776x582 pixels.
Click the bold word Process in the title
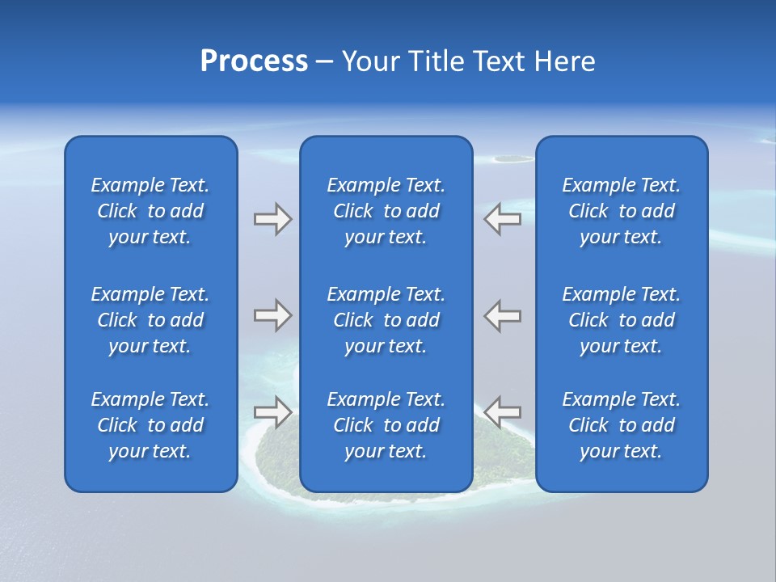tap(254, 61)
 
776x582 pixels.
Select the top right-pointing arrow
tap(272, 219)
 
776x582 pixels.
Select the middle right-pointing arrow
tap(272, 315)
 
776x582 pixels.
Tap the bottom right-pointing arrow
tap(272, 411)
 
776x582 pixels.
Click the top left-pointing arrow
tap(503, 219)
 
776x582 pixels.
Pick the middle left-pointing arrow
tap(503, 315)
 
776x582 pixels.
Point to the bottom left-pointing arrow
tap(503, 411)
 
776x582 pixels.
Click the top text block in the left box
tap(150, 211)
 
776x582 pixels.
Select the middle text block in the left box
tap(150, 320)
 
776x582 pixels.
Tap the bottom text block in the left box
tap(150, 425)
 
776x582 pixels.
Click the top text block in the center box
tap(386, 211)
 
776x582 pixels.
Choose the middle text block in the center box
tap(386, 320)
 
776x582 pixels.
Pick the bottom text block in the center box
tap(386, 425)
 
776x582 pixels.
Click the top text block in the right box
tap(621, 211)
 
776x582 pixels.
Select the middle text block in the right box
tap(621, 320)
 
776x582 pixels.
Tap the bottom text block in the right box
tap(621, 425)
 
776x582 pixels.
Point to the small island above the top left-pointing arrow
tap(508, 158)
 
